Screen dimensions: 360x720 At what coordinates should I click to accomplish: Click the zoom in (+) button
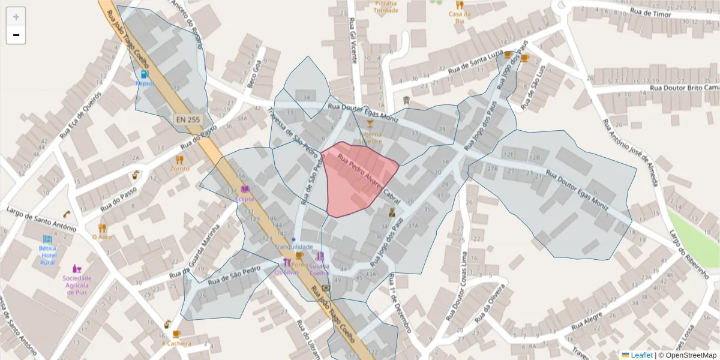[16, 16]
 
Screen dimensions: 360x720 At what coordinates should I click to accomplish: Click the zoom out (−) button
[16, 35]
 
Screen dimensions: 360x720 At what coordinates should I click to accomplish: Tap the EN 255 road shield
[188, 119]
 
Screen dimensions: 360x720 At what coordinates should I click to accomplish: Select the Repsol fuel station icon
[145, 74]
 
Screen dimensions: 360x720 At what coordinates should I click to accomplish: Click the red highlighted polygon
[359, 179]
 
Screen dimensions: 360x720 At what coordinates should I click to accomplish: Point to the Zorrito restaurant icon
[179, 160]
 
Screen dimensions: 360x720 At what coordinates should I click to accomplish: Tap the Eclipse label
[245, 199]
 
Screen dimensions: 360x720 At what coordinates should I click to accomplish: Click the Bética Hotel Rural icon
[48, 239]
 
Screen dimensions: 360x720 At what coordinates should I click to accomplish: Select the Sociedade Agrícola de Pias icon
[77, 268]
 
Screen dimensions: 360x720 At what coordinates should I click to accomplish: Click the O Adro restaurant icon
[102, 228]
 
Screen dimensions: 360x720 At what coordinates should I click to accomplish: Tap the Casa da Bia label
[460, 17]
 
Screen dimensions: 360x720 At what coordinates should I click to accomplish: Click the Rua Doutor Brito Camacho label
[684, 88]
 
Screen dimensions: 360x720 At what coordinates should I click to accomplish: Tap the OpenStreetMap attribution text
[691, 355]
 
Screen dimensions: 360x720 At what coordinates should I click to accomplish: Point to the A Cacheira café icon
[176, 334]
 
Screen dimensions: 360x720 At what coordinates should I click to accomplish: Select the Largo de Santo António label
[41, 219]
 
